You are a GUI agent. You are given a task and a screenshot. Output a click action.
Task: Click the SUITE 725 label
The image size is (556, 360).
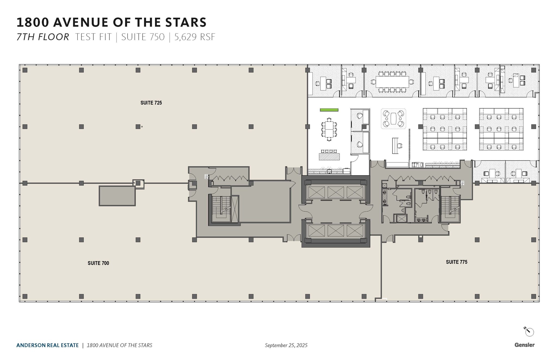[x=151, y=103]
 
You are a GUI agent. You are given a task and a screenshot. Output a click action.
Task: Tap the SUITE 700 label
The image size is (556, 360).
[x=98, y=263]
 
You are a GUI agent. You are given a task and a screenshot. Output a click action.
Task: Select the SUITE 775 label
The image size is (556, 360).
[x=456, y=262]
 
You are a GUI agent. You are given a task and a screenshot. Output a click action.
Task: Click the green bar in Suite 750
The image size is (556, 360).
[x=329, y=110]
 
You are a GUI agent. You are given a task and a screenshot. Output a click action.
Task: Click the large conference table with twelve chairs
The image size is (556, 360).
[x=392, y=82]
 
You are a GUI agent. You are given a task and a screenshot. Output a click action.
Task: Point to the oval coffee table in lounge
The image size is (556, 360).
[x=393, y=119]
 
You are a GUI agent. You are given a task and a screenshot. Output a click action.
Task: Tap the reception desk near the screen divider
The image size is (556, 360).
[x=395, y=146]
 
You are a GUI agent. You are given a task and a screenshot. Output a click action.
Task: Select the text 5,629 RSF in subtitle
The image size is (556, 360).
[x=195, y=37]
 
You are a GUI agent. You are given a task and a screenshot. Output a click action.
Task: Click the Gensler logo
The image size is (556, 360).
[x=524, y=345]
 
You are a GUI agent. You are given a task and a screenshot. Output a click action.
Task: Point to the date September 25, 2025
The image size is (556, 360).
[x=286, y=345]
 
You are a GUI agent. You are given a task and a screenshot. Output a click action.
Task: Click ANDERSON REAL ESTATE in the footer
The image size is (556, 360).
[x=48, y=345]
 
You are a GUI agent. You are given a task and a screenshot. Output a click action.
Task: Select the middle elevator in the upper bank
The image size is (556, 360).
[x=336, y=192]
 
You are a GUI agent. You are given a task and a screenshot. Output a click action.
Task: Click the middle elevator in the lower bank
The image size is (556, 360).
[x=336, y=231]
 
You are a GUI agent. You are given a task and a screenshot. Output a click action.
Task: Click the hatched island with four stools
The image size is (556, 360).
[x=329, y=156]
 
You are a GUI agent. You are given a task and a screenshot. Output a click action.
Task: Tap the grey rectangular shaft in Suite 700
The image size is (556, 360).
[x=117, y=196]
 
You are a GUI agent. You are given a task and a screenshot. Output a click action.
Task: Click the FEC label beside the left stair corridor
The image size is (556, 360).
[x=206, y=177]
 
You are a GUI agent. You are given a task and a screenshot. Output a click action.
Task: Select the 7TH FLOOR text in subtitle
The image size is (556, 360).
[x=43, y=37]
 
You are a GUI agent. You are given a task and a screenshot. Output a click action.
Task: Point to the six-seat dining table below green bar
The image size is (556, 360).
[x=329, y=129]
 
